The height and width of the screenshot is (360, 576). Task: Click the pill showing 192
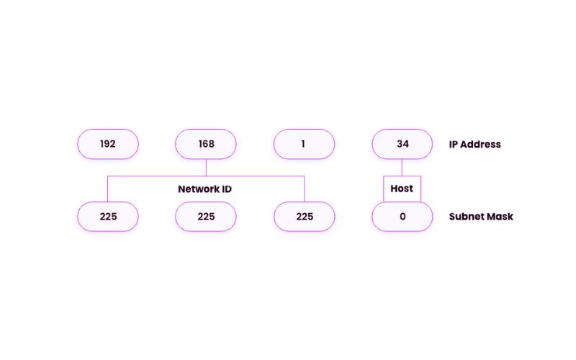(108, 144)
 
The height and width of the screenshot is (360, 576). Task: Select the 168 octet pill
(206, 144)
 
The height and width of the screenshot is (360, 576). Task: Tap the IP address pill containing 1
(304, 144)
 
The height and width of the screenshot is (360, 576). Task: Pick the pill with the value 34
(402, 144)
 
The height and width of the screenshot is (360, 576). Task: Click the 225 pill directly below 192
(108, 216)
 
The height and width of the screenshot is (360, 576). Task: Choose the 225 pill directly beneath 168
(206, 216)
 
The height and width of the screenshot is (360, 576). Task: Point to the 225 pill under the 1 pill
(304, 216)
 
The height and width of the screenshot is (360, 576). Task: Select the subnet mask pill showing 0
(402, 216)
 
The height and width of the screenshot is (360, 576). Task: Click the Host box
(402, 189)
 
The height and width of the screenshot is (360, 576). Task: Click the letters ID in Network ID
(225, 189)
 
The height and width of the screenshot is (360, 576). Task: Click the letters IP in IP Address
(454, 144)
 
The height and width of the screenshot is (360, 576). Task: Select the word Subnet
(466, 216)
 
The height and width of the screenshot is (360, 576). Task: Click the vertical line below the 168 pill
(206, 167)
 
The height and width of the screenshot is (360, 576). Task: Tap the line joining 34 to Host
(402, 167)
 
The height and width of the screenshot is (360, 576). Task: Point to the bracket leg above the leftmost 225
(108, 189)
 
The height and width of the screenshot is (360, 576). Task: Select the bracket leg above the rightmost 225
(304, 189)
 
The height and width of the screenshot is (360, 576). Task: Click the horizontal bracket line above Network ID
(158, 176)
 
